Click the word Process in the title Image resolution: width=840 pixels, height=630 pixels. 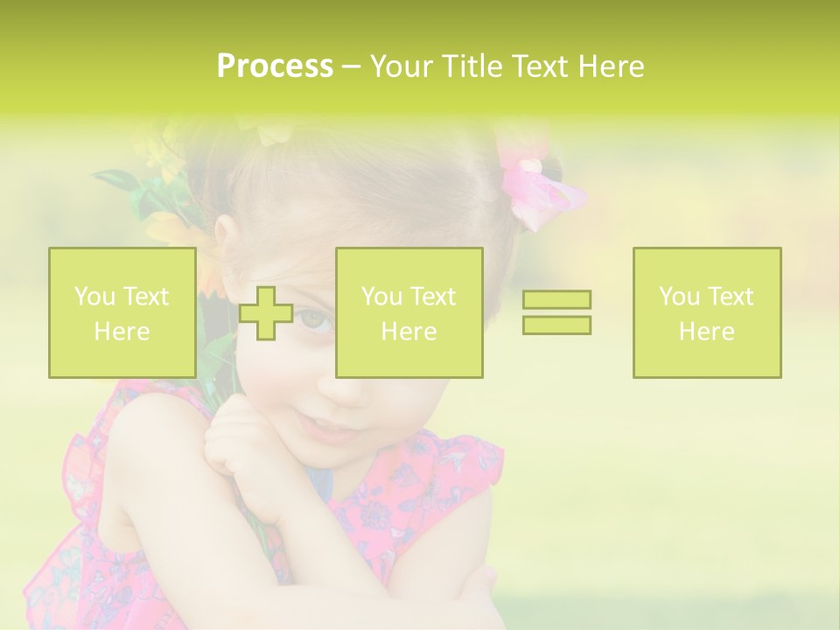[275, 66]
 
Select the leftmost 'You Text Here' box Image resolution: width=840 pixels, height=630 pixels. [122, 313]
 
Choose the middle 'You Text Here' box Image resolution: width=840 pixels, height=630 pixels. [409, 313]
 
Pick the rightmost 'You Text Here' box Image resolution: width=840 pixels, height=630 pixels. [707, 313]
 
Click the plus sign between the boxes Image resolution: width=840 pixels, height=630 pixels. [266, 313]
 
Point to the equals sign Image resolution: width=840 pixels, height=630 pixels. [556, 312]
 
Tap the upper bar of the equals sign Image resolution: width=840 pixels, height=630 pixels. [556, 300]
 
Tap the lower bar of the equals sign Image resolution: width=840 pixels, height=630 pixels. [556, 325]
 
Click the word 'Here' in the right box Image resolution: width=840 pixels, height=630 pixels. [707, 332]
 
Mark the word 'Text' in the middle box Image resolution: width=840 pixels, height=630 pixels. [433, 297]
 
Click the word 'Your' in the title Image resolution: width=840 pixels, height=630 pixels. [400, 66]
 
